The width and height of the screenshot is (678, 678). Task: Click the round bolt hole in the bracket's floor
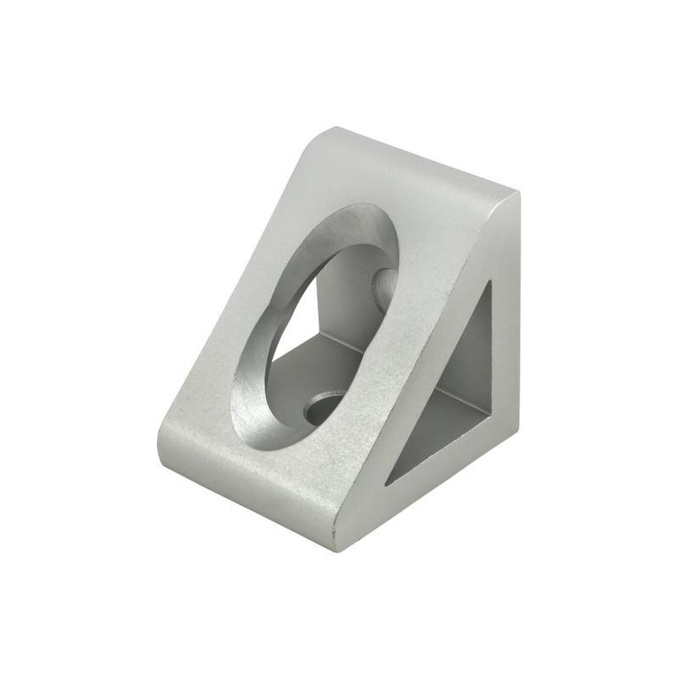click(325, 406)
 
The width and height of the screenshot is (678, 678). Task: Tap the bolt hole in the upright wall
click(383, 286)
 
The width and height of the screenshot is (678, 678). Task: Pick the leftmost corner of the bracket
click(158, 441)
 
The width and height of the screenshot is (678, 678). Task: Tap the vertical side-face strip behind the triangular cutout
click(505, 339)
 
